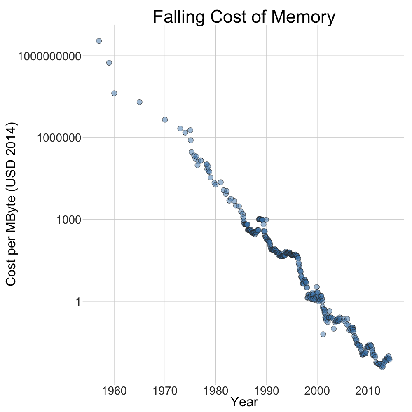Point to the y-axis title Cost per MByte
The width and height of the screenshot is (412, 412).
tap(11, 204)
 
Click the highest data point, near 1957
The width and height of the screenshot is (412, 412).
tap(99, 41)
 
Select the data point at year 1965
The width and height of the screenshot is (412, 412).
tap(140, 102)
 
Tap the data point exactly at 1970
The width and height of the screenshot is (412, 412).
tap(165, 119)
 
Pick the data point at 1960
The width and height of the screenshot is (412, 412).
tap(114, 93)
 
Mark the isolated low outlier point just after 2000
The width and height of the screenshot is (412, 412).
tap(323, 334)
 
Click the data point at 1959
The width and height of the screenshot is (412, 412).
tap(109, 63)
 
